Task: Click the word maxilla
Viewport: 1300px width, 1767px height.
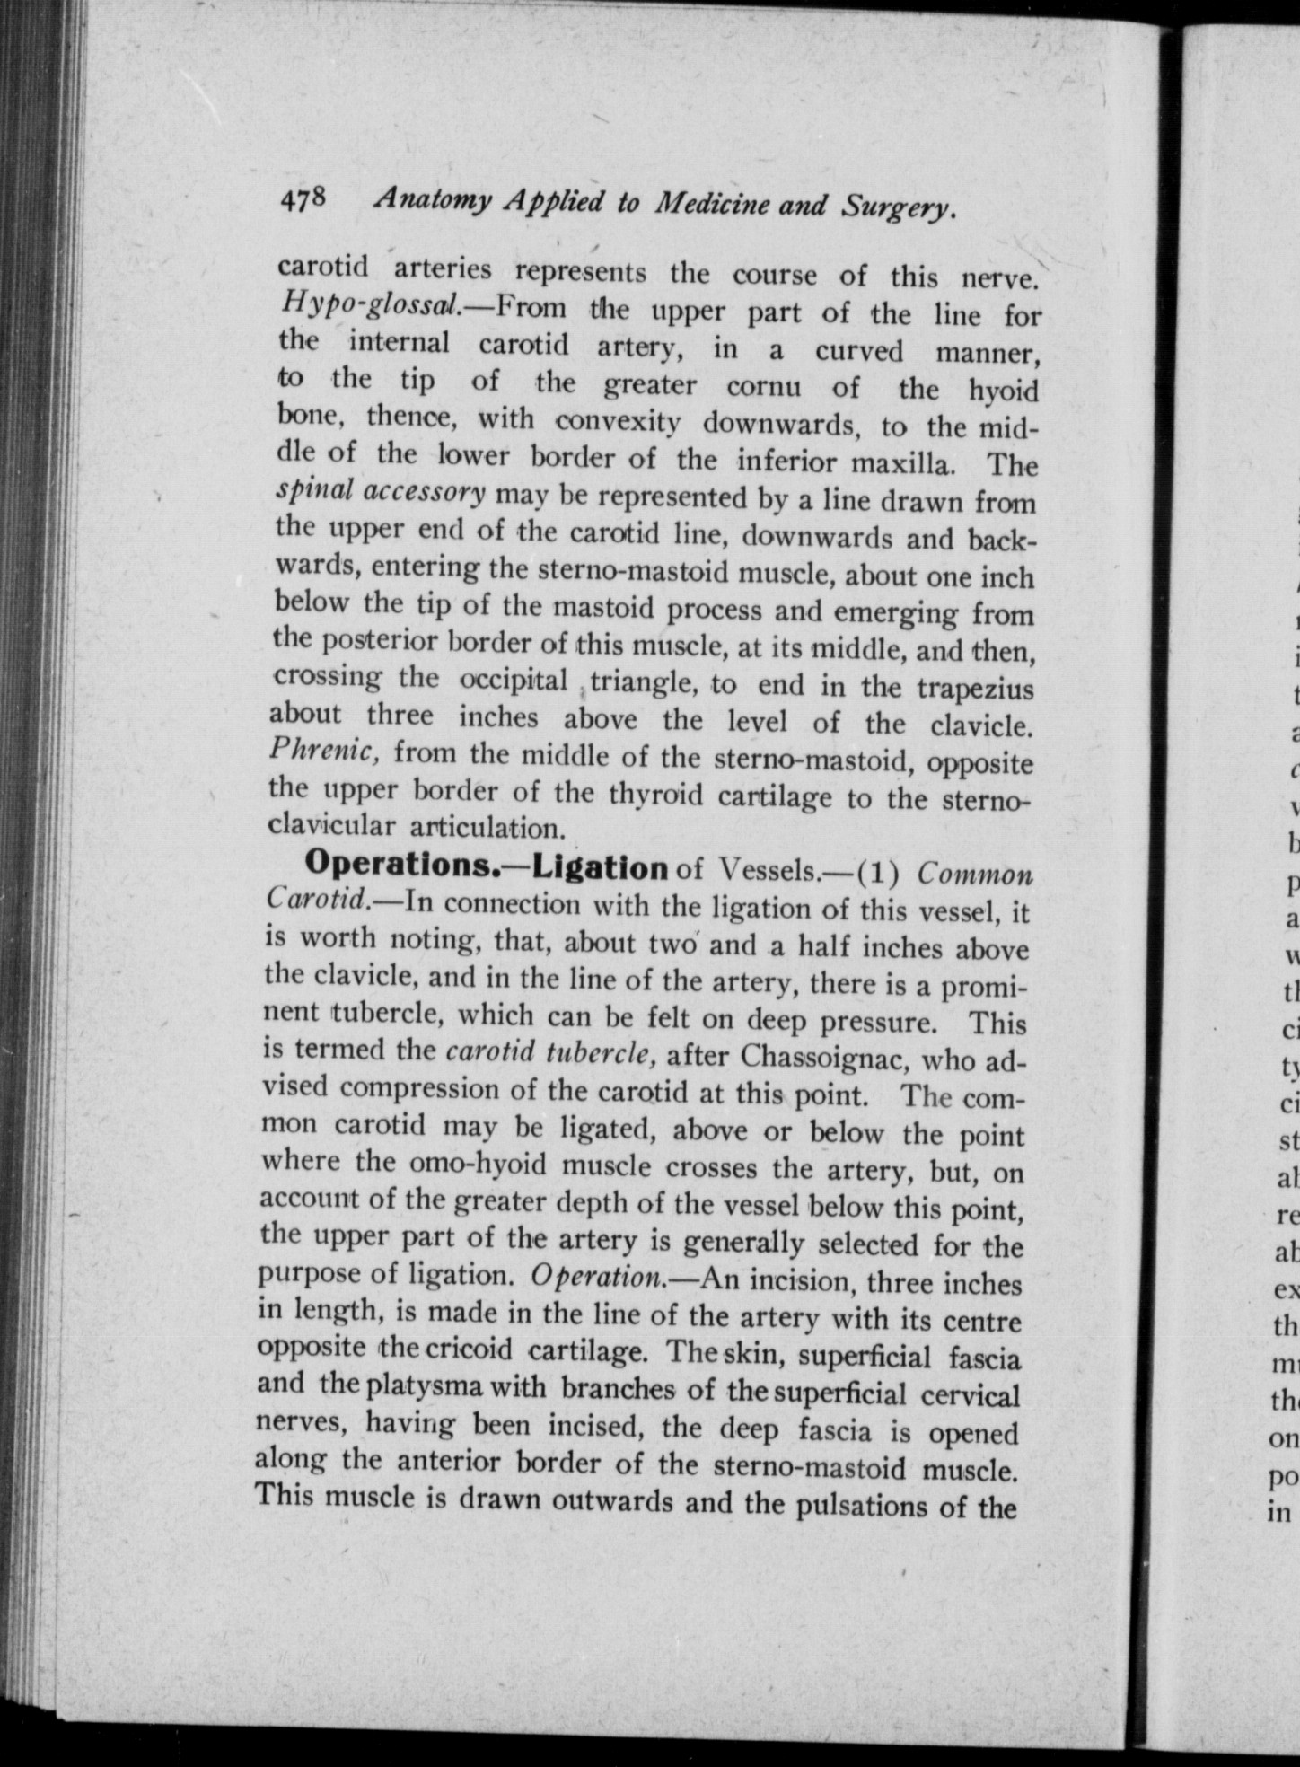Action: click(x=899, y=464)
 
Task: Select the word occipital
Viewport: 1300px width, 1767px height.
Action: click(x=514, y=681)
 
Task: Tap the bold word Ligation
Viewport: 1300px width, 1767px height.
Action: click(x=601, y=867)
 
